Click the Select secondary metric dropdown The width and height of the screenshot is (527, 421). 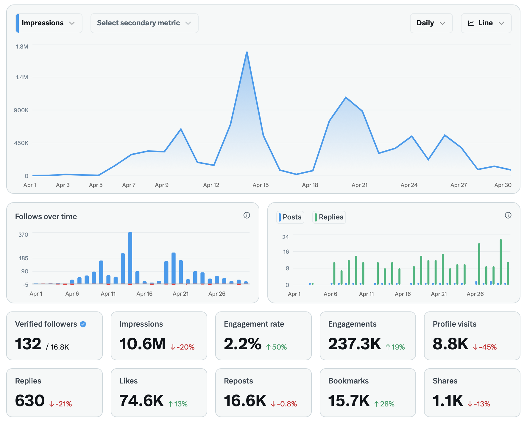[144, 23]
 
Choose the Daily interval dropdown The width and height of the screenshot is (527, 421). [431, 23]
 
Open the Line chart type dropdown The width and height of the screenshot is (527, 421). [486, 23]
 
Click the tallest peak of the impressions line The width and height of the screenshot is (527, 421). [247, 52]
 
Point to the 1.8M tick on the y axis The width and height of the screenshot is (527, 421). [22, 46]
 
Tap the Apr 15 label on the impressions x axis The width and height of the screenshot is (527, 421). [261, 185]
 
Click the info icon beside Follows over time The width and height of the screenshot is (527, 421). [247, 215]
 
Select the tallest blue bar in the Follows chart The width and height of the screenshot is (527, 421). [130, 258]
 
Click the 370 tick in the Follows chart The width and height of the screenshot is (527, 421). [23, 235]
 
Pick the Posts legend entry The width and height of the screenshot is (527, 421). [290, 217]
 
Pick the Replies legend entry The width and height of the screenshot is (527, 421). [329, 217]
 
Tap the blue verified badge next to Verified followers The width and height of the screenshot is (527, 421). [83, 324]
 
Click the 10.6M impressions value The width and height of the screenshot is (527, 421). [142, 344]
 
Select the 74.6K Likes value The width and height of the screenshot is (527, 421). [141, 401]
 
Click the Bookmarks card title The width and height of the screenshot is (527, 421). [348, 381]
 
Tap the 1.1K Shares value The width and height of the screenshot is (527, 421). [448, 401]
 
